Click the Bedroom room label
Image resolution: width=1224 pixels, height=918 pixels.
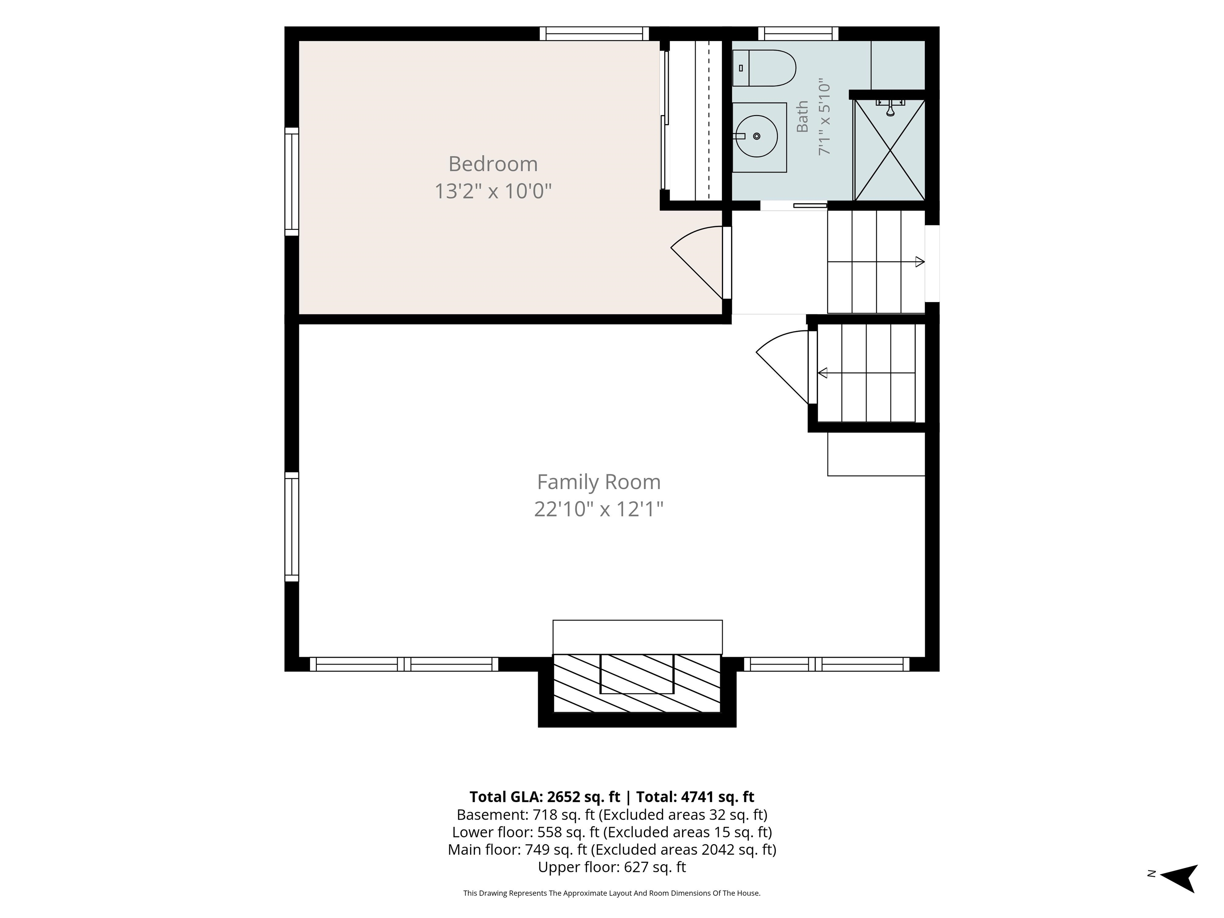492,164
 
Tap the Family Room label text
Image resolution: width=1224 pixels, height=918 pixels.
599,482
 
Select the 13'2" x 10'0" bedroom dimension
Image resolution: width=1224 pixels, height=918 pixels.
492,192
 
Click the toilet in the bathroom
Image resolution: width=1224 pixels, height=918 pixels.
764,68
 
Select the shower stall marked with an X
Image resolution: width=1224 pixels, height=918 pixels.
889,150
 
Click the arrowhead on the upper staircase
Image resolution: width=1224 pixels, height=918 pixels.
920,262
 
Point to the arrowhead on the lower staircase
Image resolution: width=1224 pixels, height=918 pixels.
822,373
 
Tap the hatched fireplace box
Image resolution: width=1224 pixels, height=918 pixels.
637,683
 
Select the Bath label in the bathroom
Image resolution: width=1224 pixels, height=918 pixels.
802,117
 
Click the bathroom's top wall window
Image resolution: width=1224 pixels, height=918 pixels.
798,34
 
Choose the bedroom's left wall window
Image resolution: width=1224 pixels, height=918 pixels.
292,182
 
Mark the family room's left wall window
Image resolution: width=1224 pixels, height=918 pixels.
292,527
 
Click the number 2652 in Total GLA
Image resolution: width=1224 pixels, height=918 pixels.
566,797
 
